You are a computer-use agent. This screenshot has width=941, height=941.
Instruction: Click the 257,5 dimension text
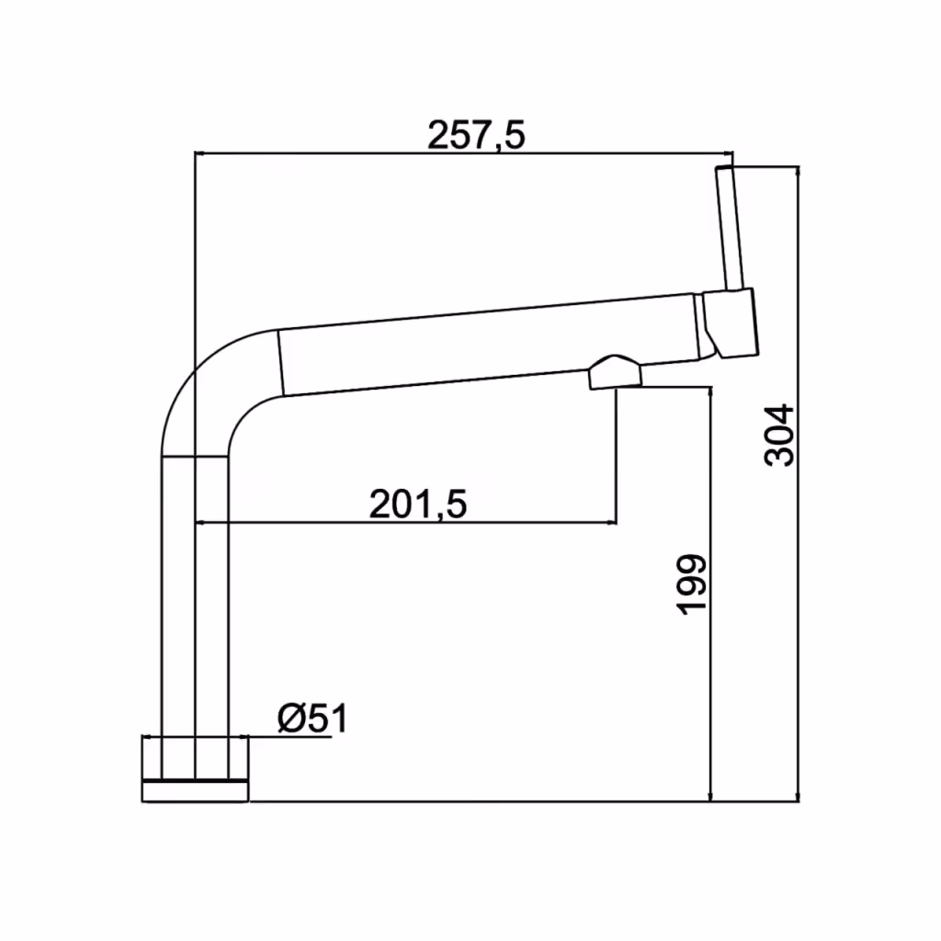coord(476,135)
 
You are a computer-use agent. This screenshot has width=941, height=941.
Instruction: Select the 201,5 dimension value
coord(418,505)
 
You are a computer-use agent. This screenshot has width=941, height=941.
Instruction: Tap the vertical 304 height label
coord(779,436)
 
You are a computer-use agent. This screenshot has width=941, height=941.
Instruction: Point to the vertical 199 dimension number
coord(692,584)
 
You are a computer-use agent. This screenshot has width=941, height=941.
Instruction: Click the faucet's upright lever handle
coord(730,228)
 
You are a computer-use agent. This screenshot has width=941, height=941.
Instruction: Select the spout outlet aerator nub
coord(616,372)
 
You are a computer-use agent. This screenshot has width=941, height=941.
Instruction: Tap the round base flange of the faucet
coord(195,769)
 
